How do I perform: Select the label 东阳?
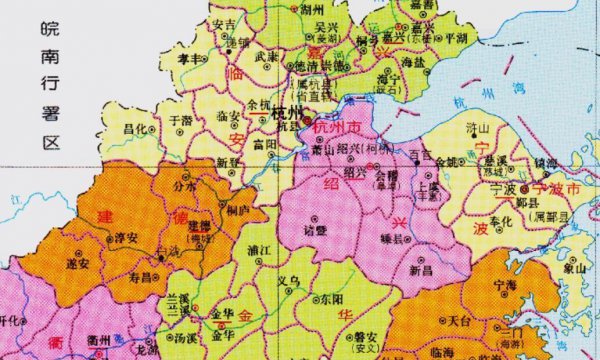pos(330,299)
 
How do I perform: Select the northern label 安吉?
pos(225,24)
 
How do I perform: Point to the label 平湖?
pos(456,37)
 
